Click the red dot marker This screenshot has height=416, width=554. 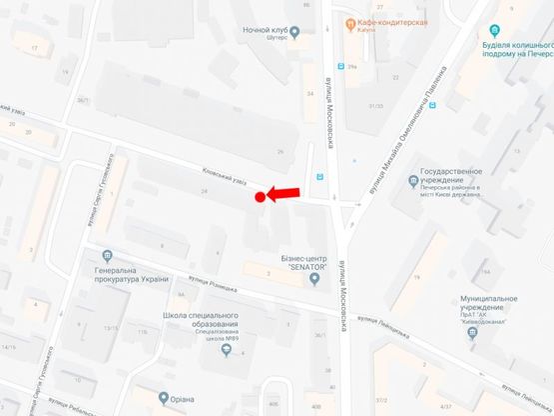tap(260, 197)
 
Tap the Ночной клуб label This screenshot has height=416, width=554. tap(265, 30)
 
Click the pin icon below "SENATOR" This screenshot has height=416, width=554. tap(314, 279)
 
